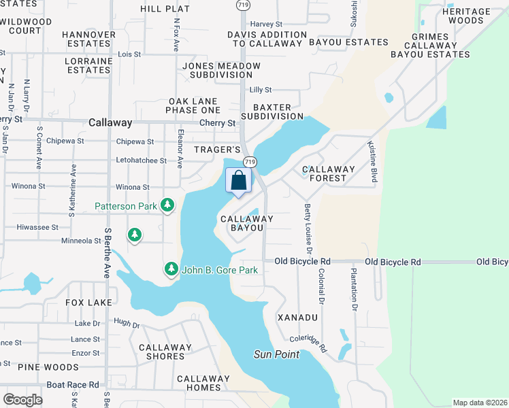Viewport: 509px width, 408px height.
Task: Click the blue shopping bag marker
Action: [x=238, y=182]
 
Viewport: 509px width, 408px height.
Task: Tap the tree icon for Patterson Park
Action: [x=167, y=205]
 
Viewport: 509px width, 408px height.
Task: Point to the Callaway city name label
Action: [x=110, y=123]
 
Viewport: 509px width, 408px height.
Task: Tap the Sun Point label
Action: [x=276, y=354]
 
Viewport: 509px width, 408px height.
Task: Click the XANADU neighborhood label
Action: [x=298, y=318]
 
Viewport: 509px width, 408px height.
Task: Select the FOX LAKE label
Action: [x=88, y=302]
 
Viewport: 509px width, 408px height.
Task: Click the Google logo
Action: [x=23, y=400]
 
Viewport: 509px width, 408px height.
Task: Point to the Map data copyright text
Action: [x=479, y=403]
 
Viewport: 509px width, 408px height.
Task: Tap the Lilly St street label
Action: [x=260, y=90]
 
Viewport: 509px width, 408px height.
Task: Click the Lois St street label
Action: [x=129, y=54]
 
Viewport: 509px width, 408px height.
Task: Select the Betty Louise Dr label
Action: [x=308, y=224]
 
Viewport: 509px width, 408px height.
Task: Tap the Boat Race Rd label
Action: [x=73, y=384]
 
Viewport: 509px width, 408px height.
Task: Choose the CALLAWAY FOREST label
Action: [x=329, y=173]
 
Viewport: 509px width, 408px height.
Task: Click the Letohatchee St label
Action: [x=141, y=160]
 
